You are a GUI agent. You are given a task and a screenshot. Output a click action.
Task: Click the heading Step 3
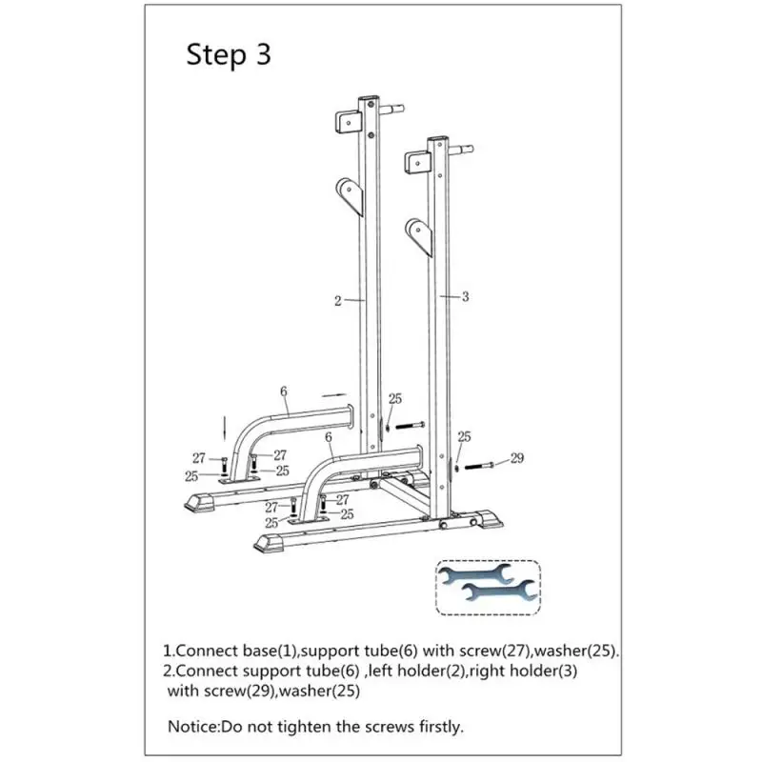[x=229, y=54]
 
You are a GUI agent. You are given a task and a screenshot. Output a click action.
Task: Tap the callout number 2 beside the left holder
[x=338, y=301]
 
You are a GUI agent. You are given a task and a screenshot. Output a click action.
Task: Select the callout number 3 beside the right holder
[x=465, y=297]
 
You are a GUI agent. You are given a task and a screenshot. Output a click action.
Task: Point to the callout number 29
[x=517, y=459]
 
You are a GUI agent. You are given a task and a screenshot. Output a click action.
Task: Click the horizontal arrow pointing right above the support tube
[x=334, y=391]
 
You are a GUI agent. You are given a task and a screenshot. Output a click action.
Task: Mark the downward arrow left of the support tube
[x=225, y=424]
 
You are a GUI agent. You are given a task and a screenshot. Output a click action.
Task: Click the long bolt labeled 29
[x=487, y=465]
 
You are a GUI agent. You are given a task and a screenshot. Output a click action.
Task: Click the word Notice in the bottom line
[x=192, y=726]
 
